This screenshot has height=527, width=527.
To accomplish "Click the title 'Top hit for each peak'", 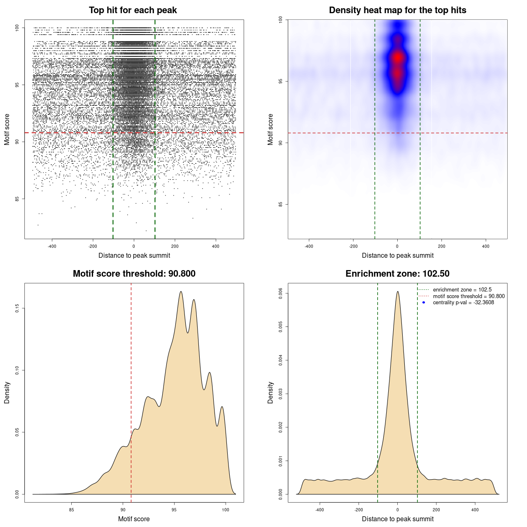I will (133, 10).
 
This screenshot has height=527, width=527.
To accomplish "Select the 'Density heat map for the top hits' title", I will (397, 10).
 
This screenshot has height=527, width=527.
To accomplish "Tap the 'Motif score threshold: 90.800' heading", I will (134, 274).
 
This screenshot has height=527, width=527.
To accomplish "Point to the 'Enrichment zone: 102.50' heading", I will (397, 274).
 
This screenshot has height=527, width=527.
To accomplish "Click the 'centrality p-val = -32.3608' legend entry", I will (463, 303).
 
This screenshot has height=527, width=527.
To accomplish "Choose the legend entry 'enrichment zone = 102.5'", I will (462, 290).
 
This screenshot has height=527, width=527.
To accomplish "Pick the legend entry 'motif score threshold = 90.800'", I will (469, 296).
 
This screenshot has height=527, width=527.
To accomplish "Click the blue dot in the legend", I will (424, 303).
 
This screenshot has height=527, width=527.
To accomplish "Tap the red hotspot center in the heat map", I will (397, 58).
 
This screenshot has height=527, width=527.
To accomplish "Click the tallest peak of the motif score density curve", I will (181, 291).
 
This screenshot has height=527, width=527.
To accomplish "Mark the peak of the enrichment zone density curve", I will (398, 291).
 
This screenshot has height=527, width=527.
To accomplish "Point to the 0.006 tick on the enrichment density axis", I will (280, 294).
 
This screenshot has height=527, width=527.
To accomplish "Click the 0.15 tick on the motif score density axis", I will (17, 308).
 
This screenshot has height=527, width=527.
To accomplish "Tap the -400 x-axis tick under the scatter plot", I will (52, 246).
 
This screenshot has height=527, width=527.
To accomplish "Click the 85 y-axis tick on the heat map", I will (280, 204).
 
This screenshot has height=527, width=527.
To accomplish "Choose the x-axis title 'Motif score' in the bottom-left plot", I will (134, 519).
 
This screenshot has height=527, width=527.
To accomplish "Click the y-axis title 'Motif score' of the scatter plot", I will (7, 129).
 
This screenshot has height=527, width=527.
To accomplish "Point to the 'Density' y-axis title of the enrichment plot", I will (270, 393).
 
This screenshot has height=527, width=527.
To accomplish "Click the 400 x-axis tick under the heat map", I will (486, 246).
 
